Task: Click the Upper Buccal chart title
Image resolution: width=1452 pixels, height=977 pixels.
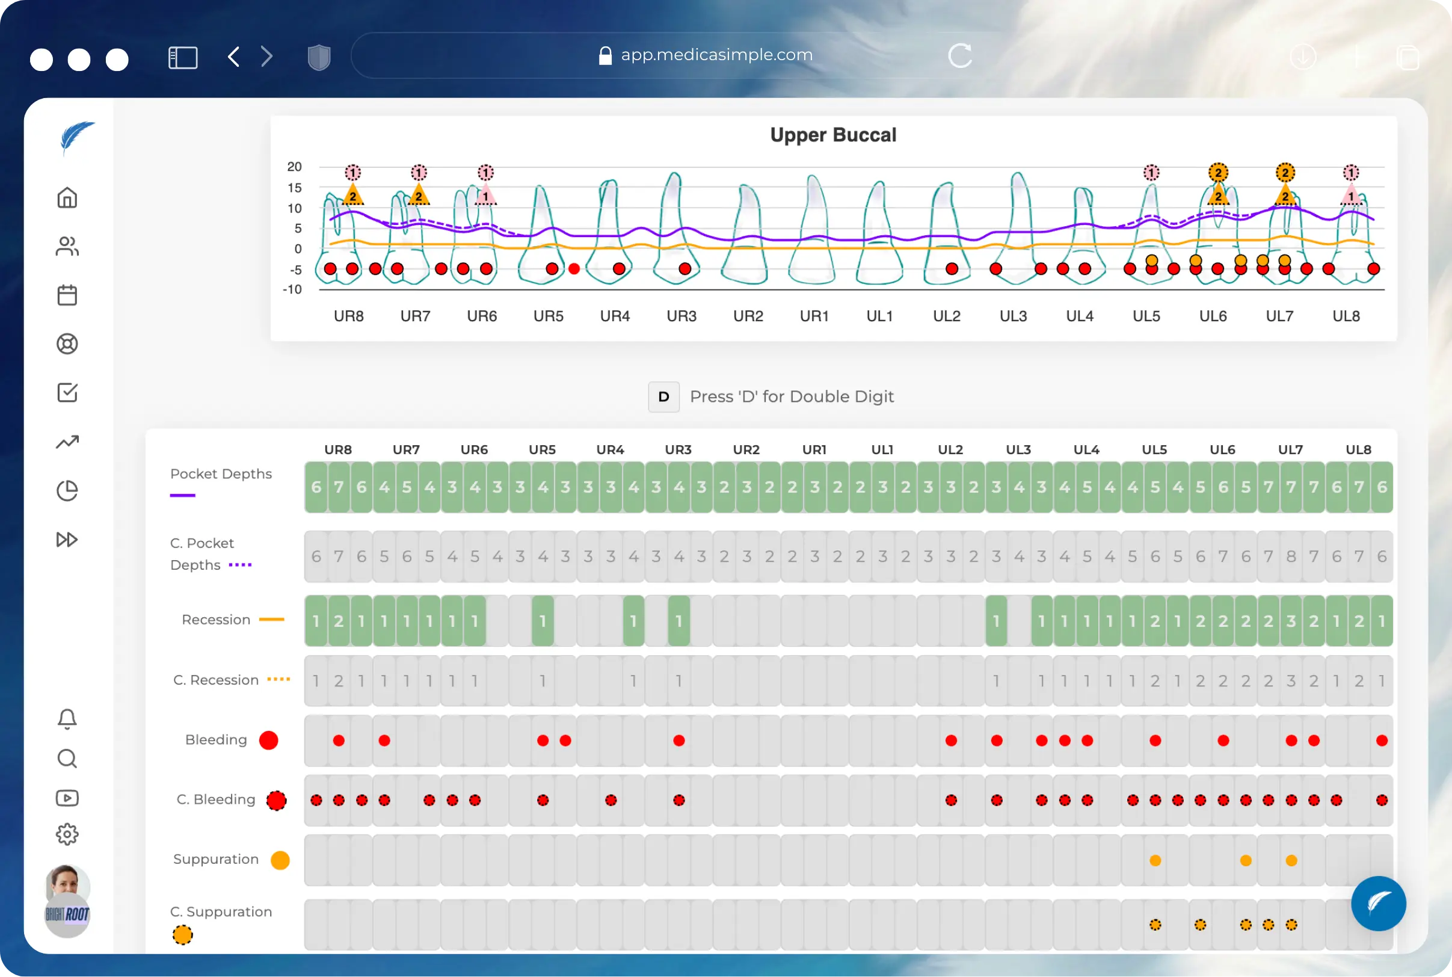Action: point(833,135)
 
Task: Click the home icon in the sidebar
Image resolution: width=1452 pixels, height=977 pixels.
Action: point(67,198)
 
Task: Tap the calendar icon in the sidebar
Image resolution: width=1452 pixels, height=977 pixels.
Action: point(67,295)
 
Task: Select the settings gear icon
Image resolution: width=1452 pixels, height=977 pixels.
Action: point(67,834)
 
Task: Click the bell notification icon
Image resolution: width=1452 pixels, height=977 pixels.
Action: point(67,719)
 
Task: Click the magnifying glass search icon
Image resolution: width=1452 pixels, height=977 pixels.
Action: point(67,759)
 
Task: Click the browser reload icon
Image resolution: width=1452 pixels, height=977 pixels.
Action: point(960,56)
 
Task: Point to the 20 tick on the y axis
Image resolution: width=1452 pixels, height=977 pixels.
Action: point(294,167)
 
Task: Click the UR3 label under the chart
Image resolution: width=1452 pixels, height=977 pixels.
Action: point(681,316)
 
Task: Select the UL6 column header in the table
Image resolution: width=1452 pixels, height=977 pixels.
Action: point(1222,450)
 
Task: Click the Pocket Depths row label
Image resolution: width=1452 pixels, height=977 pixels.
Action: point(221,474)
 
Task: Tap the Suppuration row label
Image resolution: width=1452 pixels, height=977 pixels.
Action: point(215,859)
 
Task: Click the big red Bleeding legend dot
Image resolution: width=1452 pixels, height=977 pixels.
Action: point(268,740)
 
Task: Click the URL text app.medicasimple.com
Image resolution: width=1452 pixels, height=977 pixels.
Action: point(716,55)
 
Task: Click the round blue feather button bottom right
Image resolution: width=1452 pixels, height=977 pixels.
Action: point(1378,904)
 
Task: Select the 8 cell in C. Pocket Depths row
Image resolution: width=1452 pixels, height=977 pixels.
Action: point(1291,556)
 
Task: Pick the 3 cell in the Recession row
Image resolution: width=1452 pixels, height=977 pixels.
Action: point(1291,621)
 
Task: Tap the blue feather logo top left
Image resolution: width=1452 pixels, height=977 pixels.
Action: point(76,137)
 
